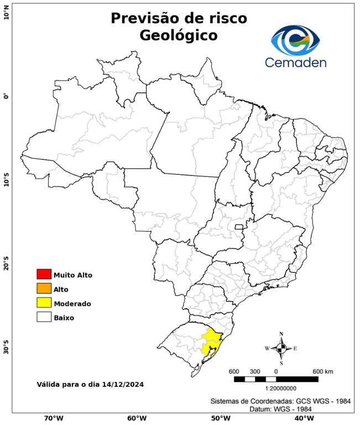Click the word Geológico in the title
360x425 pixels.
point(179,35)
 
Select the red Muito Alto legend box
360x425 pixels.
point(44,274)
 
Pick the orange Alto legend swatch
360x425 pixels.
point(44,288)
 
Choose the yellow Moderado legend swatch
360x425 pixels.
point(44,303)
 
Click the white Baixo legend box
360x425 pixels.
point(44,317)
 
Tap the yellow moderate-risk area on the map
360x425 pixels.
point(211,340)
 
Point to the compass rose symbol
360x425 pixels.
point(281,348)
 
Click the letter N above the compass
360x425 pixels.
point(281,334)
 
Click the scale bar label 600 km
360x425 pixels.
point(323,371)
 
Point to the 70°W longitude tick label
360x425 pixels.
point(53,418)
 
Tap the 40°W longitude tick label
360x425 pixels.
point(302,418)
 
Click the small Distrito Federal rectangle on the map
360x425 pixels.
point(239,226)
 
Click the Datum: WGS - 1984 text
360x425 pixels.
point(279,408)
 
